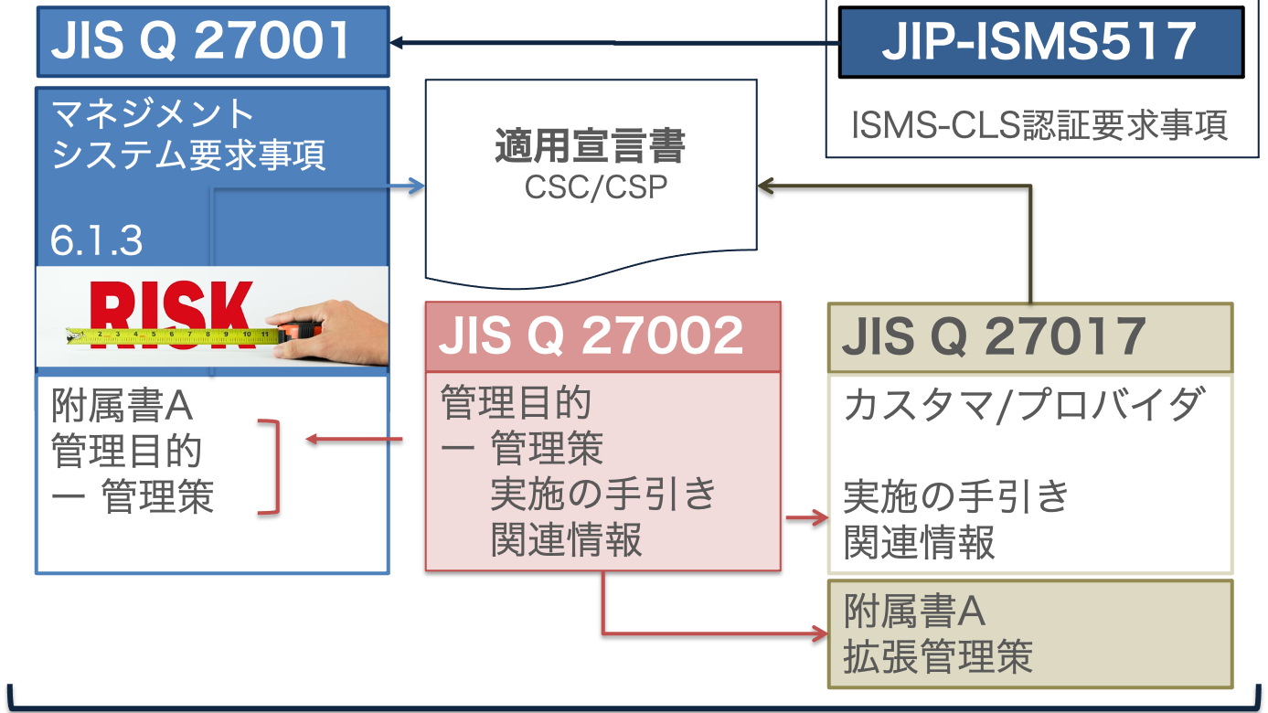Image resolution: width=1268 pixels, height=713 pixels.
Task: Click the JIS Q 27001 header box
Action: (212, 41)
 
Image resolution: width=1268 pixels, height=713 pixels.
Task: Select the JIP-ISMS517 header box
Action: (1040, 42)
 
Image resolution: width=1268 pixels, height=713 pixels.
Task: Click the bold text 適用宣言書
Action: (591, 146)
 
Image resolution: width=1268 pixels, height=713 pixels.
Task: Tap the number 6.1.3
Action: (97, 241)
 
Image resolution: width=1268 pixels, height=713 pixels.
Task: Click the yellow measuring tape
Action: (174, 337)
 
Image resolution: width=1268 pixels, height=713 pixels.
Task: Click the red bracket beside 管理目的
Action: (270, 467)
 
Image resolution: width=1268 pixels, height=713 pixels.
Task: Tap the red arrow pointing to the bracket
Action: (353, 440)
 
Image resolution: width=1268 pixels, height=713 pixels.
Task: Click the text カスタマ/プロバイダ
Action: (1020, 405)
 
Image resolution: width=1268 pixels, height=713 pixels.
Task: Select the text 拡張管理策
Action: (938, 656)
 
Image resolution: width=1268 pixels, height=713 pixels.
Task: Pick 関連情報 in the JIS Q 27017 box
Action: (919, 543)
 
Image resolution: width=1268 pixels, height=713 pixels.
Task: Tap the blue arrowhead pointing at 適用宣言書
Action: (418, 186)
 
